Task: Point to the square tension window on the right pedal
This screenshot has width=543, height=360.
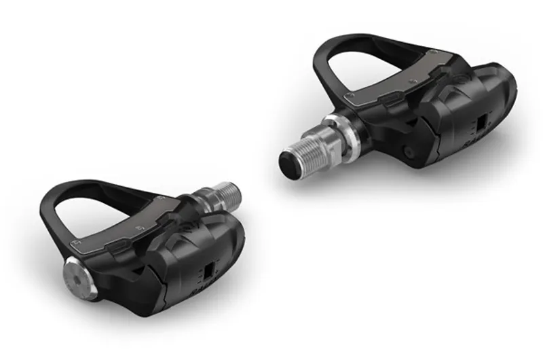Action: pos(481,124)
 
